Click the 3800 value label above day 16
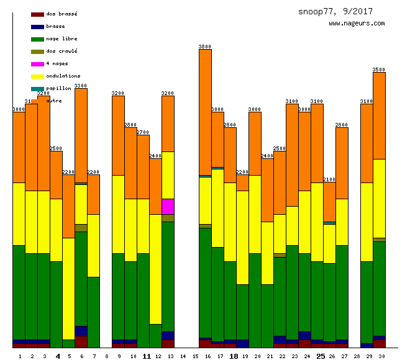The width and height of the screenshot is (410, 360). (205, 47)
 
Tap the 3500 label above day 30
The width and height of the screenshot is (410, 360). (379, 70)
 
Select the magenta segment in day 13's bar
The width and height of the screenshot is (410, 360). (168, 206)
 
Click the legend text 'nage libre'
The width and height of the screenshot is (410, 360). (61, 38)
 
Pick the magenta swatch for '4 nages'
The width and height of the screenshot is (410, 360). (37, 64)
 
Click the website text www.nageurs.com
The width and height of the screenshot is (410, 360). (357, 23)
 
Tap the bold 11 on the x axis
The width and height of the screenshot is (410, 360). (147, 356)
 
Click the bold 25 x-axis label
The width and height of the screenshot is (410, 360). (321, 356)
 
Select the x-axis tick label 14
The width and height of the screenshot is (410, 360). (183, 356)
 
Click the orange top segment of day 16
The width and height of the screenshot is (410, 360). (205, 112)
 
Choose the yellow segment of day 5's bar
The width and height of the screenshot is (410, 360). (68, 289)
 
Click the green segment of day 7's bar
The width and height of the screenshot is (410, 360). (93, 312)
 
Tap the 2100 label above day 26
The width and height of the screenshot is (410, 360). (329, 179)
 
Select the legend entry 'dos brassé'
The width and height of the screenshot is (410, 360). (61, 14)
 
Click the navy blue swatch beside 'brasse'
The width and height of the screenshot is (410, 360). (37, 27)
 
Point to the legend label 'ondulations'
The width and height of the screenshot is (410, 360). (63, 76)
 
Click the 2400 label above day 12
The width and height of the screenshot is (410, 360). (155, 156)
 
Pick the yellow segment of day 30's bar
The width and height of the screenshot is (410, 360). (379, 199)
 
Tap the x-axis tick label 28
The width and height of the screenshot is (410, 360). (357, 356)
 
